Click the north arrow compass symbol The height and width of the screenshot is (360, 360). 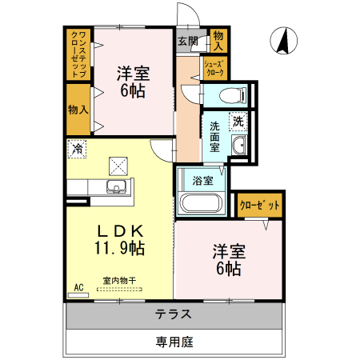pyautogui.click(x=282, y=41)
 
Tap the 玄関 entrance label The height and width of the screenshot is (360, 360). pyautogui.click(x=187, y=41)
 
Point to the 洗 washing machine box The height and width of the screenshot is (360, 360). pyautogui.click(x=239, y=121)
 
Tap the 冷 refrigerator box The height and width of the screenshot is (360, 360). pyautogui.click(x=78, y=148)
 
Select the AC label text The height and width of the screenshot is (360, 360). pyautogui.click(x=78, y=286)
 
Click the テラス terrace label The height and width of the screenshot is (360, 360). pyautogui.click(x=174, y=314)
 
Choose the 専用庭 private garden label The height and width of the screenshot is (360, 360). pyautogui.click(x=174, y=342)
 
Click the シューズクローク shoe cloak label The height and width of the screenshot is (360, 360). pyautogui.click(x=215, y=67)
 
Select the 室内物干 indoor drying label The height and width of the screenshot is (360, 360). pyautogui.click(x=118, y=281)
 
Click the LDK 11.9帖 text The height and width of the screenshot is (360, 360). pyautogui.click(x=121, y=238)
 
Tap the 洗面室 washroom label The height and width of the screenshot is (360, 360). pyautogui.click(x=214, y=137)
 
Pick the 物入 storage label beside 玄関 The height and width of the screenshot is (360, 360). pyautogui.click(x=218, y=41)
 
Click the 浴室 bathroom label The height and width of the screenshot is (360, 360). pyautogui.click(x=202, y=180)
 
